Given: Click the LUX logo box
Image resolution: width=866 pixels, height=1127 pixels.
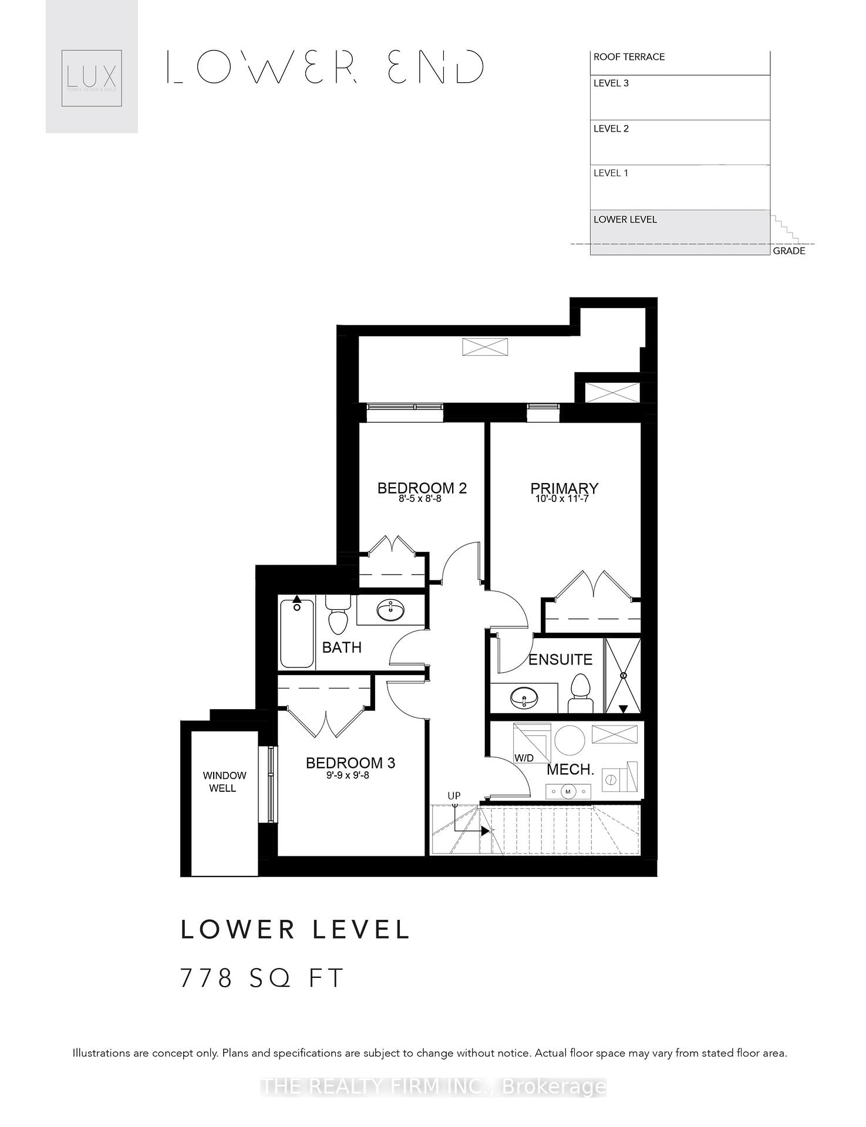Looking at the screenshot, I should pyautogui.click(x=92, y=78).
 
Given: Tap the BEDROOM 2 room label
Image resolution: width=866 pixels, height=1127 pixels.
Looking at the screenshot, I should pyautogui.click(x=422, y=488).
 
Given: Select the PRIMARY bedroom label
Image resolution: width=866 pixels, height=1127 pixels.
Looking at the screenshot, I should pyautogui.click(x=564, y=488).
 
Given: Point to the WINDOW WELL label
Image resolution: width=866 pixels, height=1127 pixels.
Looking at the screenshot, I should pyautogui.click(x=224, y=782).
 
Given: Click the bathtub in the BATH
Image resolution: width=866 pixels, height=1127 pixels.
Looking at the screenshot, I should pyautogui.click(x=297, y=632).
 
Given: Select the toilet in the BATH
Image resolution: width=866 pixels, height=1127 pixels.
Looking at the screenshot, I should pyautogui.click(x=338, y=616).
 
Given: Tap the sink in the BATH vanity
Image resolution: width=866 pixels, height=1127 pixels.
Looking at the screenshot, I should pyautogui.click(x=390, y=610).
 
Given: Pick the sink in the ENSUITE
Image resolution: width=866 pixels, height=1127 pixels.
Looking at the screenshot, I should pyautogui.click(x=523, y=698).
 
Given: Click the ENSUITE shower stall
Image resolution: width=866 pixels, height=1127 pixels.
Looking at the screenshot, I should pyautogui.click(x=623, y=676).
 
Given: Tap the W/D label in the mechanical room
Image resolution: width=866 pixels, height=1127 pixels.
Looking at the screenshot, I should pyautogui.click(x=524, y=758).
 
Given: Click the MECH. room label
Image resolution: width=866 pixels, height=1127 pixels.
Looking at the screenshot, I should pyautogui.click(x=570, y=770).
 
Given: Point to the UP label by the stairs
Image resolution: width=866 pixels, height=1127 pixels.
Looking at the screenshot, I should pyautogui.click(x=454, y=796).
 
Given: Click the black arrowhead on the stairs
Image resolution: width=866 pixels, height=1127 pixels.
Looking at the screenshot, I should pyautogui.click(x=485, y=831).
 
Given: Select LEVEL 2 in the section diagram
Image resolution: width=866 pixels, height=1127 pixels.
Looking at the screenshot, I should pyautogui.click(x=611, y=129).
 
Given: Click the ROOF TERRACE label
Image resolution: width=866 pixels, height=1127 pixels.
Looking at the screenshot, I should pyautogui.click(x=629, y=57).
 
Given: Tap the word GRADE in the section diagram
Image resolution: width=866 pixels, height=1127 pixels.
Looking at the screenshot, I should pyautogui.click(x=789, y=251).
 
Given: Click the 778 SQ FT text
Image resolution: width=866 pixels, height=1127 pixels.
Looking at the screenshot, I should pyautogui.click(x=261, y=978).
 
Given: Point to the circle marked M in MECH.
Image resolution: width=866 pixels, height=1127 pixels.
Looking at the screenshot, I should pyautogui.click(x=568, y=792).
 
